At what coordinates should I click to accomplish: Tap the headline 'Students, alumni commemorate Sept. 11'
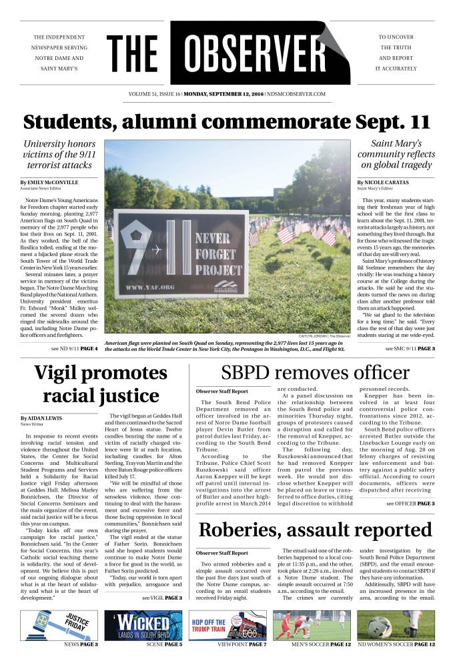pos(227,122)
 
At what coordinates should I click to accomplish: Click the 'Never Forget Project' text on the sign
pos(215,254)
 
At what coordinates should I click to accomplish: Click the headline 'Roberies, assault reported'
pos(316,530)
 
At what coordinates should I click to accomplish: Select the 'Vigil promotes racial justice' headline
pos(101,384)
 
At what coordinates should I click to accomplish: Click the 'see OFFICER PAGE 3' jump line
pos(410,504)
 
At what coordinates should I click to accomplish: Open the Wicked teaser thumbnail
pos(143,625)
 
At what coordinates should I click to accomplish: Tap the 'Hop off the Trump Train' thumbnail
pos(227,625)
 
